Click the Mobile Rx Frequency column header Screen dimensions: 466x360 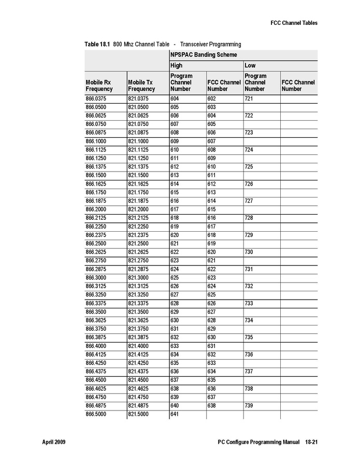tap(99, 86)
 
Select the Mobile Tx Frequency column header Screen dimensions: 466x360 tap(141, 86)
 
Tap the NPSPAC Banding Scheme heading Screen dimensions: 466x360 tap(204, 54)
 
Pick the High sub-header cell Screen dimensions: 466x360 tap(177, 66)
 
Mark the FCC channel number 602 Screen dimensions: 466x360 tap(212, 98)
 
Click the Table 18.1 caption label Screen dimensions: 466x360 tap(97, 45)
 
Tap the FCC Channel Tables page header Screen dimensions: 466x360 tap(294, 23)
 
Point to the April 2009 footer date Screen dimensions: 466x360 tap(53, 442)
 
